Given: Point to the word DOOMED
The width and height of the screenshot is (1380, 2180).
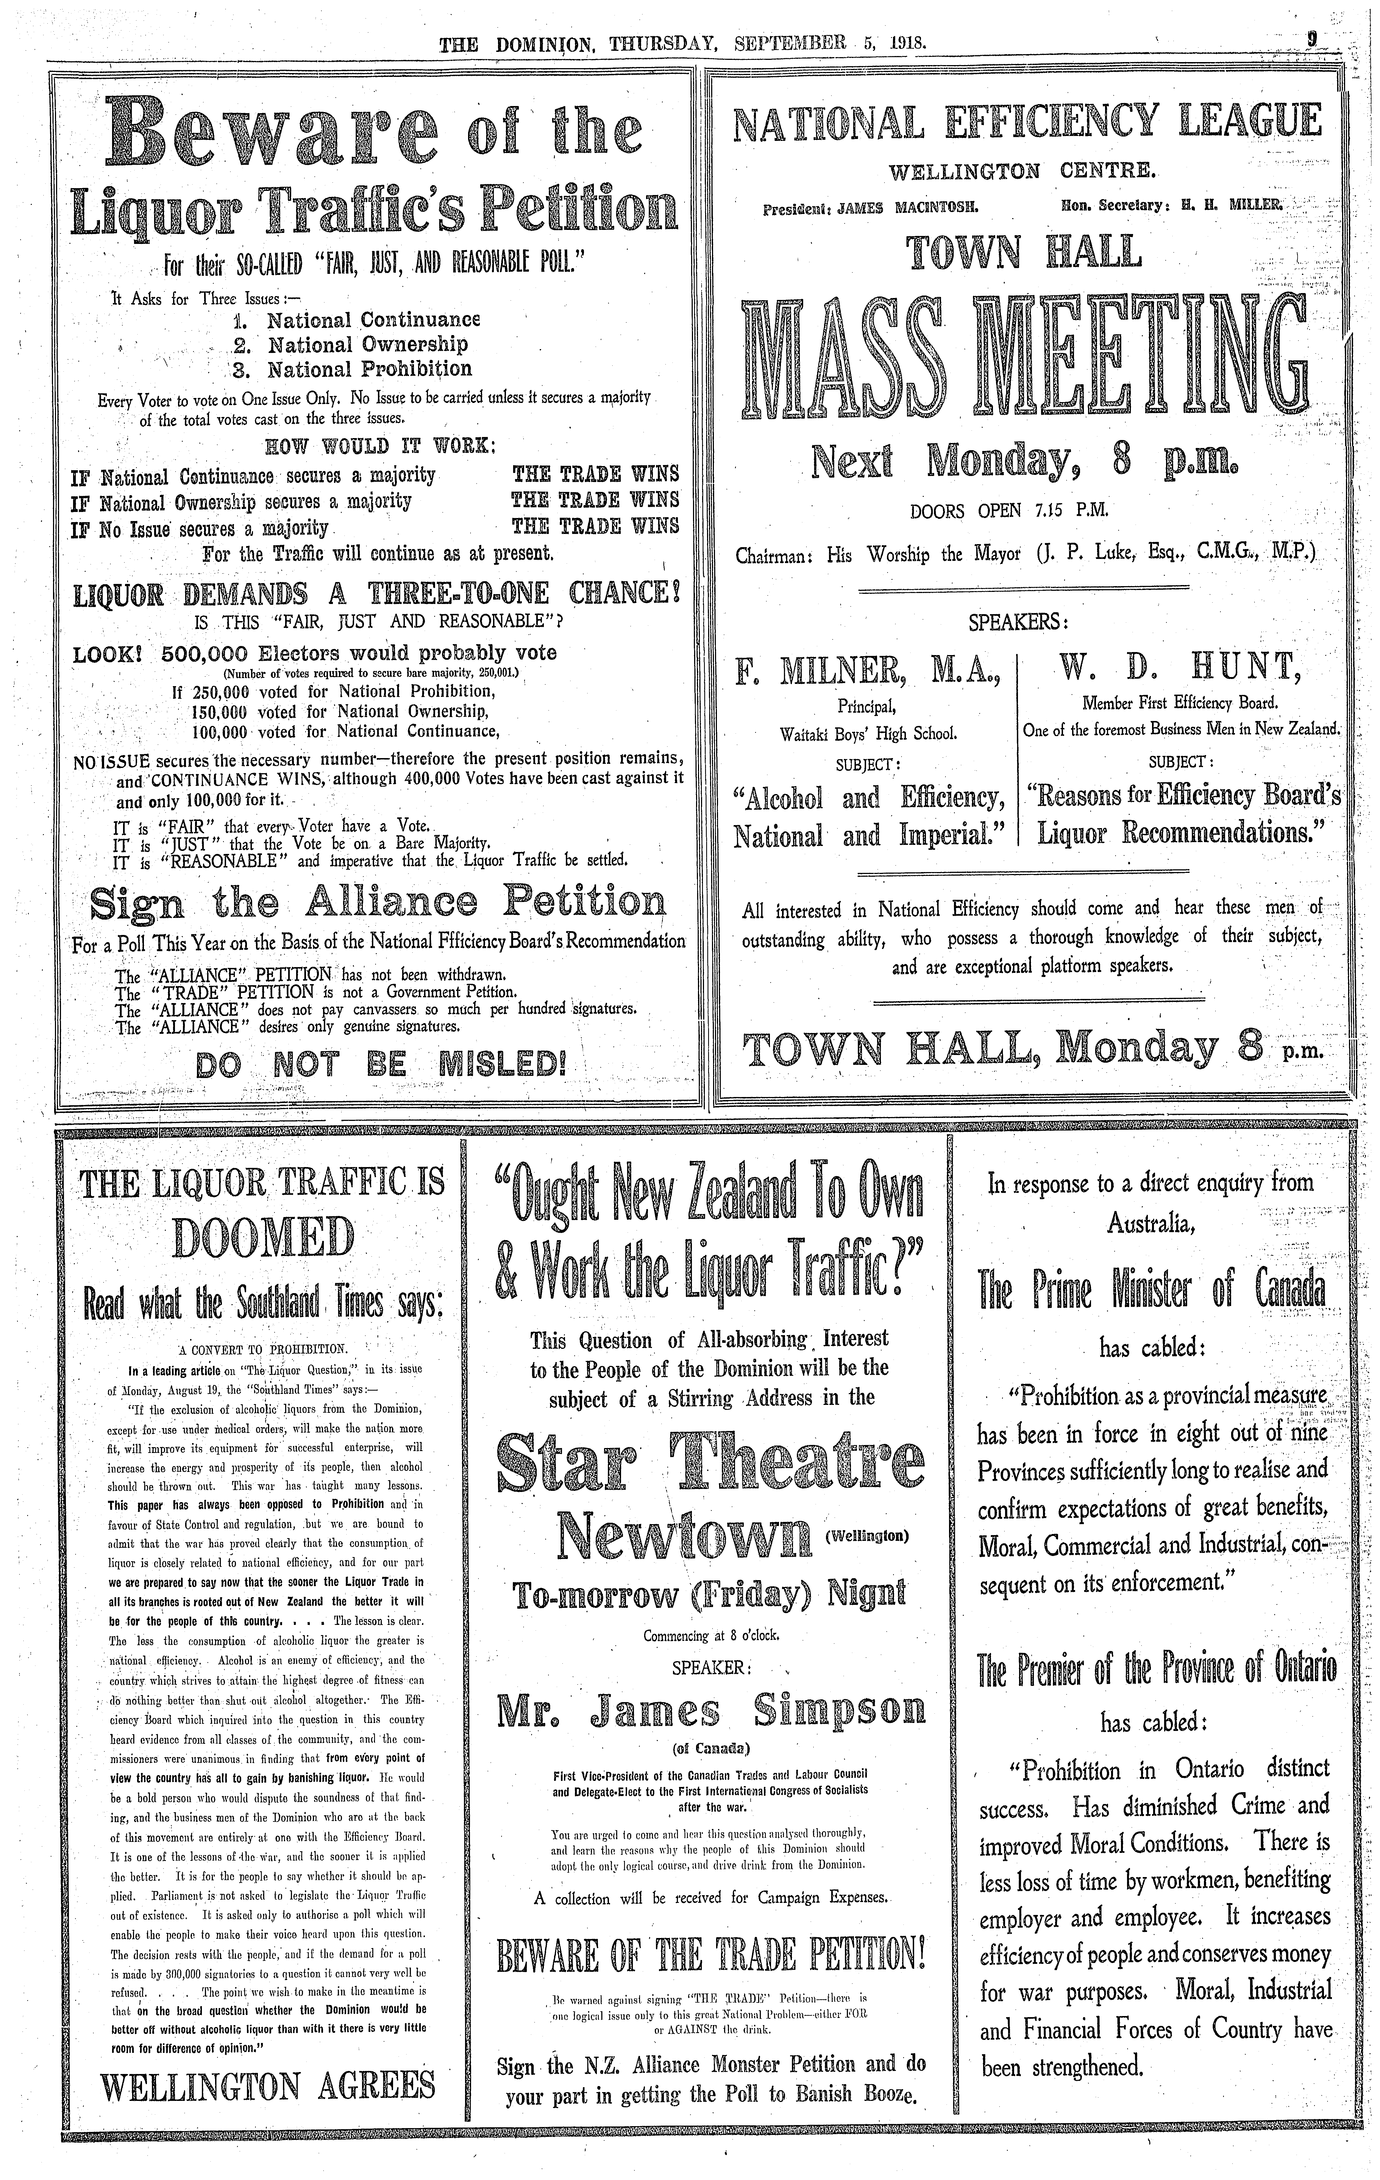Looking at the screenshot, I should pyautogui.click(x=263, y=1238).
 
